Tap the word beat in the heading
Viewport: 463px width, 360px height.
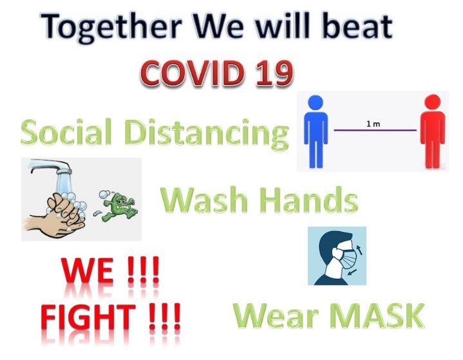[357, 26]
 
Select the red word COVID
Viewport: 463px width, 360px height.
[193, 73]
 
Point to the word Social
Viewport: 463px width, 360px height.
[66, 132]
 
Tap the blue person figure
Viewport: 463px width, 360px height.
[316, 131]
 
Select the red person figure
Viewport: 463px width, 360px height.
[433, 131]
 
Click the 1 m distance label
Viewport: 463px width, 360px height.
[373, 124]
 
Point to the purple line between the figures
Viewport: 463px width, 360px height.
[375, 130]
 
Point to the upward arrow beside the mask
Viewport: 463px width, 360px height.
[360, 250]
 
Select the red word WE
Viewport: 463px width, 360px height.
[88, 270]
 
